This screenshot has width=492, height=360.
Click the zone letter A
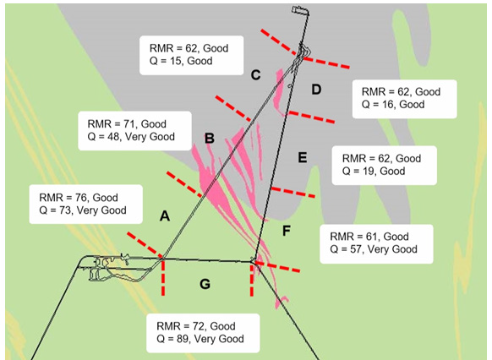(165, 216)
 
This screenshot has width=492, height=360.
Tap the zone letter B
(209, 138)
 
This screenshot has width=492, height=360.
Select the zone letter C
(255, 75)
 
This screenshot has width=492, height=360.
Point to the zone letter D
(315, 90)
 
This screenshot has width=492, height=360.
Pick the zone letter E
(302, 156)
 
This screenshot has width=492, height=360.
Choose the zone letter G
(205, 284)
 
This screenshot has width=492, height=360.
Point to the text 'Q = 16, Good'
(393, 105)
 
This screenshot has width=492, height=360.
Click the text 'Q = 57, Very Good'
(373, 249)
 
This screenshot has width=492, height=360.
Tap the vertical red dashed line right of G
(252, 279)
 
